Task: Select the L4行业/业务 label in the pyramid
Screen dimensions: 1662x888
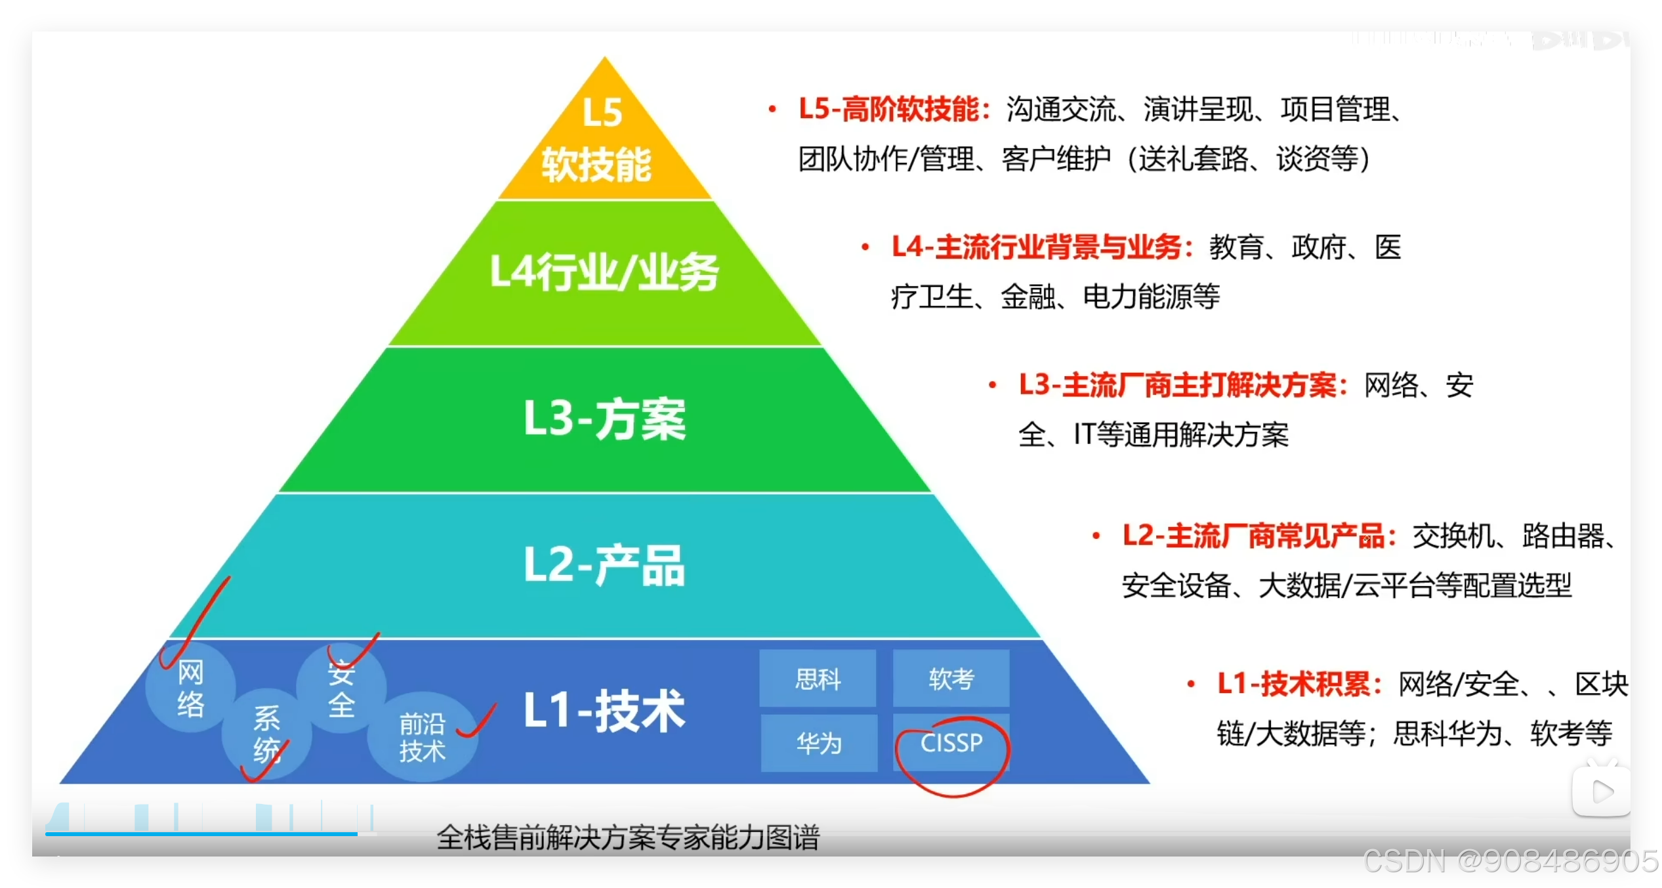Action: (x=604, y=272)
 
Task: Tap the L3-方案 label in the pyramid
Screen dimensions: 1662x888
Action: (x=604, y=419)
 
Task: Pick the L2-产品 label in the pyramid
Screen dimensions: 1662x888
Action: (x=604, y=566)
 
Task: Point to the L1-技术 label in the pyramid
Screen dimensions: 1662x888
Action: (x=604, y=711)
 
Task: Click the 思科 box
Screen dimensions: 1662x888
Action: (x=818, y=679)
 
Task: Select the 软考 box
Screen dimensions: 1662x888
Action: (x=951, y=679)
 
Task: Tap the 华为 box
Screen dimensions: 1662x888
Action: (x=819, y=743)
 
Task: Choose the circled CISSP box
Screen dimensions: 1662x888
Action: (x=951, y=743)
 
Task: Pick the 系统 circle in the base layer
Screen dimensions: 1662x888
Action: (x=266, y=734)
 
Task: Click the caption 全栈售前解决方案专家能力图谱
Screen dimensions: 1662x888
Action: (x=628, y=838)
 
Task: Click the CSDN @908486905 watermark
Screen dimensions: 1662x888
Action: (x=1509, y=861)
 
